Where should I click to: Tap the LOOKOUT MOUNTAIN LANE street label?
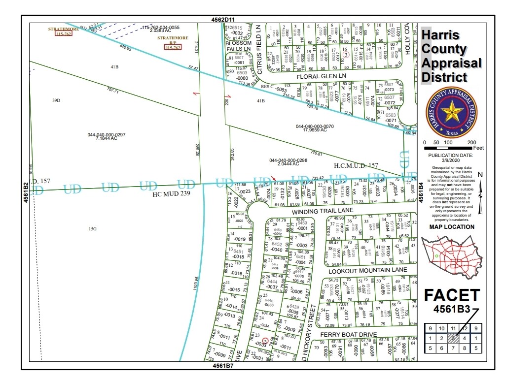[367, 270]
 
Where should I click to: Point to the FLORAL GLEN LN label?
[322, 76]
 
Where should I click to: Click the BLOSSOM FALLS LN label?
[239, 46]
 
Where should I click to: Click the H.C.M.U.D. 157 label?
[356, 165]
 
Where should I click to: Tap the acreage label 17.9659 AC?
[315, 130]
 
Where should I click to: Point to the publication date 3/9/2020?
[451, 160]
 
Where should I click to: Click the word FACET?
[452, 295]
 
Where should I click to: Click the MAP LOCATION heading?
[452, 227]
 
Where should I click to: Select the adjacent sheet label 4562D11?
[220, 19]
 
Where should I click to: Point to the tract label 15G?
[92, 229]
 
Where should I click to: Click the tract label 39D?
[56, 100]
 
